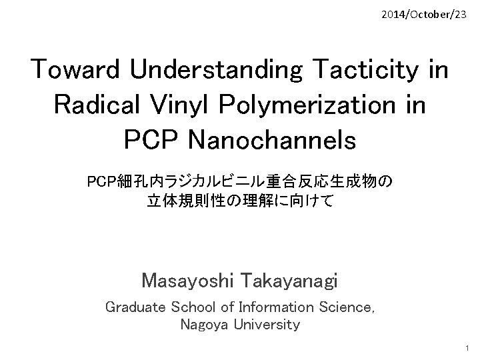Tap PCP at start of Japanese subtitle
pos(101,181)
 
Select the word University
pos(267,325)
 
